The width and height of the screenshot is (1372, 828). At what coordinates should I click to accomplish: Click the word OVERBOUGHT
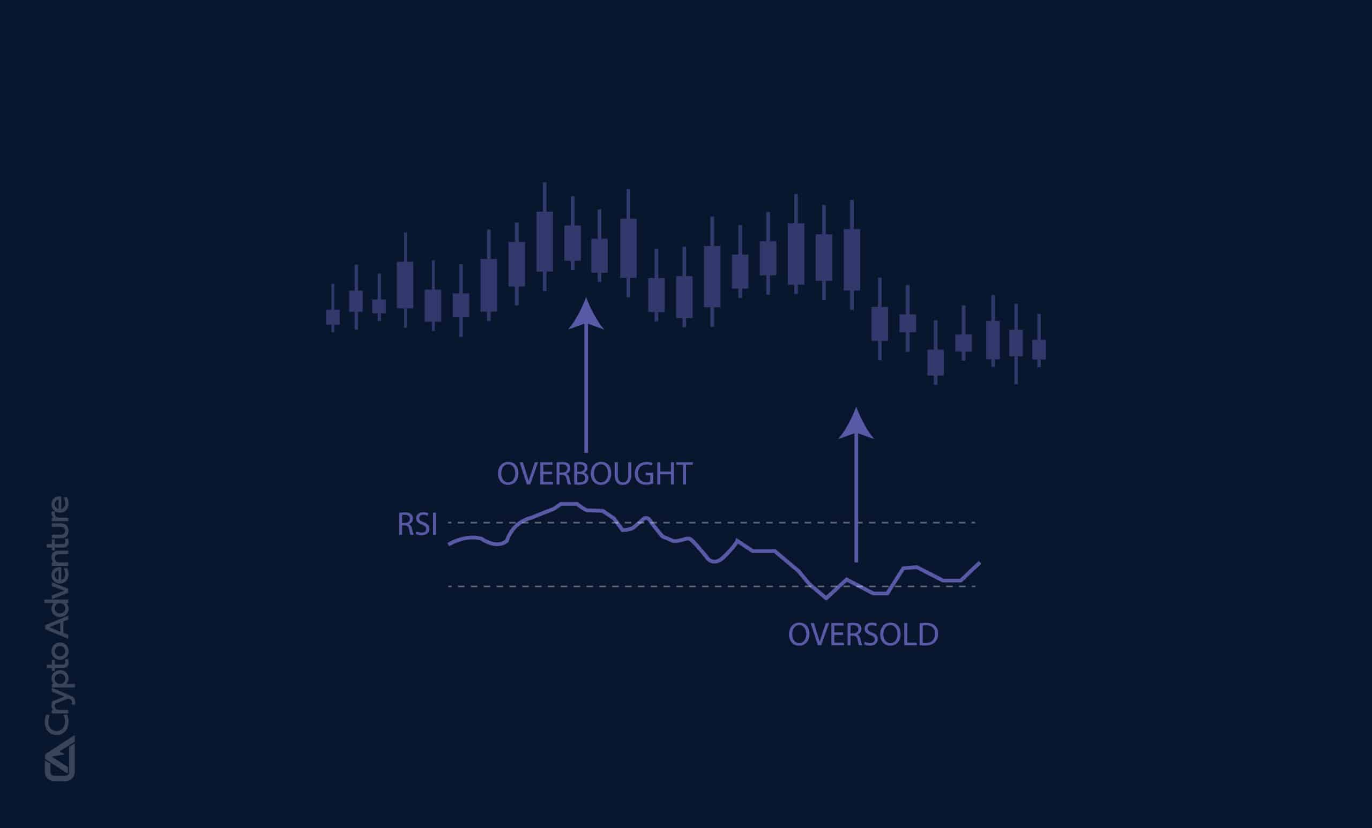pyautogui.click(x=594, y=474)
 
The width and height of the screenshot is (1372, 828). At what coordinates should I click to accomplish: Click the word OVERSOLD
pyautogui.click(x=863, y=634)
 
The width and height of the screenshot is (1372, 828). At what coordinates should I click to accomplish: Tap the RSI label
pyautogui.click(x=417, y=525)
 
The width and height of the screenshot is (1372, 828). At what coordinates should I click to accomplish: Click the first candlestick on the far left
pyautogui.click(x=332, y=317)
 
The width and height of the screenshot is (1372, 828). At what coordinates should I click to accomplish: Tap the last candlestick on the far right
pyautogui.click(x=1039, y=349)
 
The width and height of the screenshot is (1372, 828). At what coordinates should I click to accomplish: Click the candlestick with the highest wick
pyautogui.click(x=545, y=241)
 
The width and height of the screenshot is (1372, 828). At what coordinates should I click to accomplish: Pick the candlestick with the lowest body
pyautogui.click(x=935, y=362)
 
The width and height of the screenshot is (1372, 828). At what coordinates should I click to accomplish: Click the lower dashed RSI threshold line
pyautogui.click(x=613, y=586)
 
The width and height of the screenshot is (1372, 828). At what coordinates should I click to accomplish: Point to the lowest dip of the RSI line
pyautogui.click(x=826, y=599)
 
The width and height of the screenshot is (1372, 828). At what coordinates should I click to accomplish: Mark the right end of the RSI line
pyautogui.click(x=979, y=563)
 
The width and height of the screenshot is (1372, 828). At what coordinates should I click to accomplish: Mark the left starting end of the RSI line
pyautogui.click(x=449, y=544)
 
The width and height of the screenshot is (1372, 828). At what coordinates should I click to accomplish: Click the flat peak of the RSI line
pyautogui.click(x=569, y=503)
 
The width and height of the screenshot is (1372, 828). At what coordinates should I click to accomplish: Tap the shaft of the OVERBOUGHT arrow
pyautogui.click(x=586, y=390)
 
